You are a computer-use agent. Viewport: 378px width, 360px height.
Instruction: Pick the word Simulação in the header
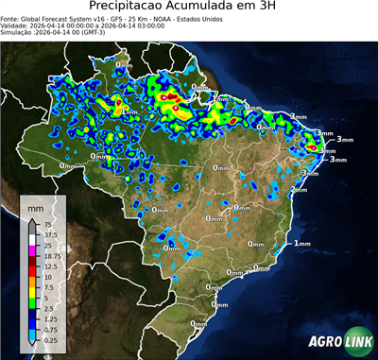[x=17, y=34]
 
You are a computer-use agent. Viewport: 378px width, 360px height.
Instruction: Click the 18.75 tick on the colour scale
[x=52, y=256]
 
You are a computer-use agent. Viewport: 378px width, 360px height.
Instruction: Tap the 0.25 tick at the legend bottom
[x=51, y=339]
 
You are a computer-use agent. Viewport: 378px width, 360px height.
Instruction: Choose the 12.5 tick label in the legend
[x=51, y=266]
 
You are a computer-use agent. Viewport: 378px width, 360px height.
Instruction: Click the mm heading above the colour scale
[x=36, y=207]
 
